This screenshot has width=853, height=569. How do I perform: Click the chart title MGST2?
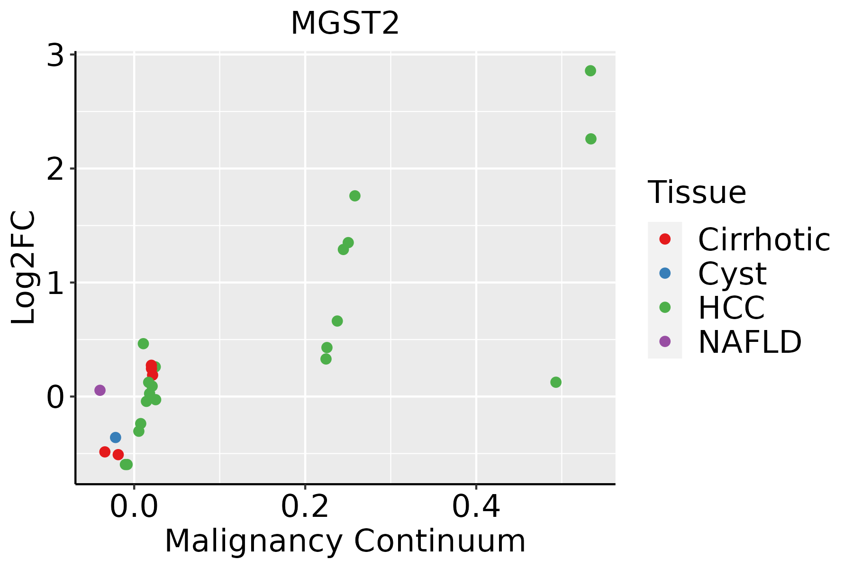coord(345,24)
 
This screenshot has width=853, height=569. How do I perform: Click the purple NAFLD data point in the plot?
coord(100,390)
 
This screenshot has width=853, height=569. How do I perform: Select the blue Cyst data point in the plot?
coord(116,437)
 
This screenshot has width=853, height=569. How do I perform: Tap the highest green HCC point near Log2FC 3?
coord(590,71)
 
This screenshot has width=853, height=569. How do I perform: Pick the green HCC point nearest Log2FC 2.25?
coord(591,139)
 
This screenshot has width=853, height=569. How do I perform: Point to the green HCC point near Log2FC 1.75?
coord(355,196)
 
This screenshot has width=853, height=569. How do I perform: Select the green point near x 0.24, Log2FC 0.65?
coord(337,321)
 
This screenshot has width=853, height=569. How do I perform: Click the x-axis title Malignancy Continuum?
coord(345,541)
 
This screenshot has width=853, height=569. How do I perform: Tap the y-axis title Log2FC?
coord(24,268)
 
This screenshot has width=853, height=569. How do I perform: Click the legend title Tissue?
coord(697,193)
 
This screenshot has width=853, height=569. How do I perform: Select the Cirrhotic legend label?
coord(764,239)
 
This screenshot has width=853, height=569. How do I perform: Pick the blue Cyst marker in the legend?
coord(665,273)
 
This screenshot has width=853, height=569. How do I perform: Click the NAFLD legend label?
coord(750,341)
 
